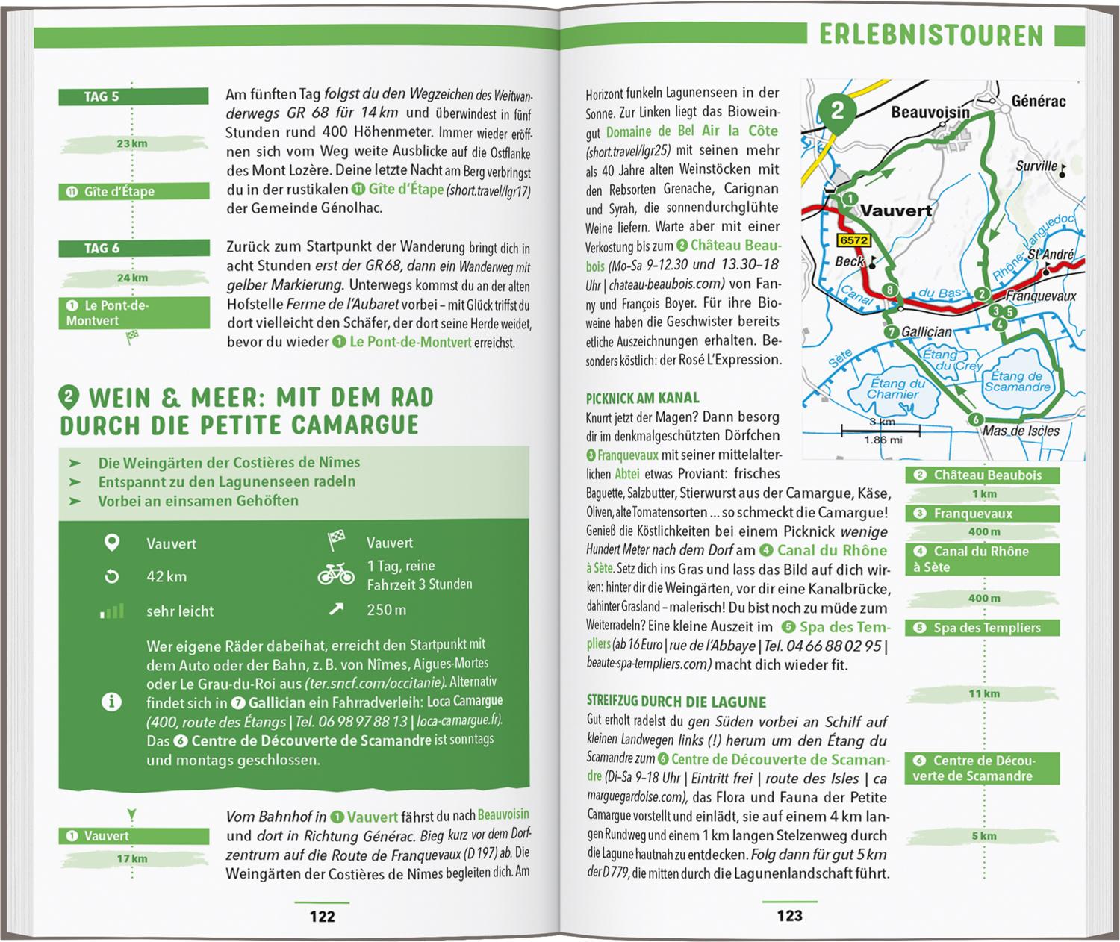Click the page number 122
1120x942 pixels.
point(322,916)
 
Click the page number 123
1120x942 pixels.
point(789,915)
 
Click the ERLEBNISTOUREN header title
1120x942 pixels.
point(930,35)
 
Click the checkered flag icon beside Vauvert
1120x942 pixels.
point(336,540)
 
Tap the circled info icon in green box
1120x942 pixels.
point(111,702)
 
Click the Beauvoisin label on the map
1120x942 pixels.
point(930,113)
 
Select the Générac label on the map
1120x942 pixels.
point(1038,101)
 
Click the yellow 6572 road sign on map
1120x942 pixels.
point(853,240)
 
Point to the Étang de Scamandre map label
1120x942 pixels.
point(1017,381)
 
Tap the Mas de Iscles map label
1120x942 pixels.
point(1021,431)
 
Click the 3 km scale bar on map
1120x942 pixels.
point(880,430)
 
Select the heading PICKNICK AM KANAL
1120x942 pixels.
point(642,398)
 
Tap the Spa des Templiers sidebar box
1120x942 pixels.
point(981,628)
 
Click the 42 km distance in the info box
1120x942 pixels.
point(167,576)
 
